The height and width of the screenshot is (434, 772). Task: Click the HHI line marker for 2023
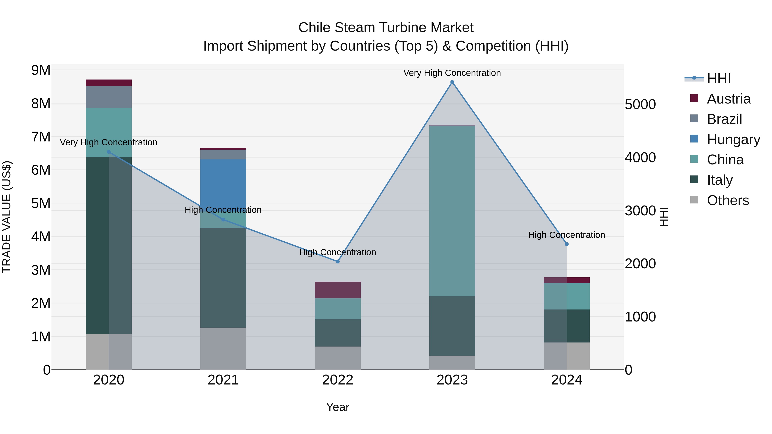point(452,82)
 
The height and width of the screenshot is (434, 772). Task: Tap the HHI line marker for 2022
point(338,261)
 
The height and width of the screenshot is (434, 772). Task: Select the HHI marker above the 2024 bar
point(567,244)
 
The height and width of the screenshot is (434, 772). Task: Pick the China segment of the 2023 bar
point(452,211)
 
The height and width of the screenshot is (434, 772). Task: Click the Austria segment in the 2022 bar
point(338,290)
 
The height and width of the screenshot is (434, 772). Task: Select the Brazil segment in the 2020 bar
point(109,97)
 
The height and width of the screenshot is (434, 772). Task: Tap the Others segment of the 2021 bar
point(223,349)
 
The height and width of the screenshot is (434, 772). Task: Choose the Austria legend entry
point(728,99)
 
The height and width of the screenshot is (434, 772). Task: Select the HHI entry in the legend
point(718,78)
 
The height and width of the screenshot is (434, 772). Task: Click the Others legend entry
point(728,200)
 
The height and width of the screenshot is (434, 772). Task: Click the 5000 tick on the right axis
point(640,105)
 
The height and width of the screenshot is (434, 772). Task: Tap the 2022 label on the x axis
point(338,380)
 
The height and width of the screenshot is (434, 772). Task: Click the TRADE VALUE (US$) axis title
point(7,217)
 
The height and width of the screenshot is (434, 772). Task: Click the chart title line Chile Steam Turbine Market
point(386,28)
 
